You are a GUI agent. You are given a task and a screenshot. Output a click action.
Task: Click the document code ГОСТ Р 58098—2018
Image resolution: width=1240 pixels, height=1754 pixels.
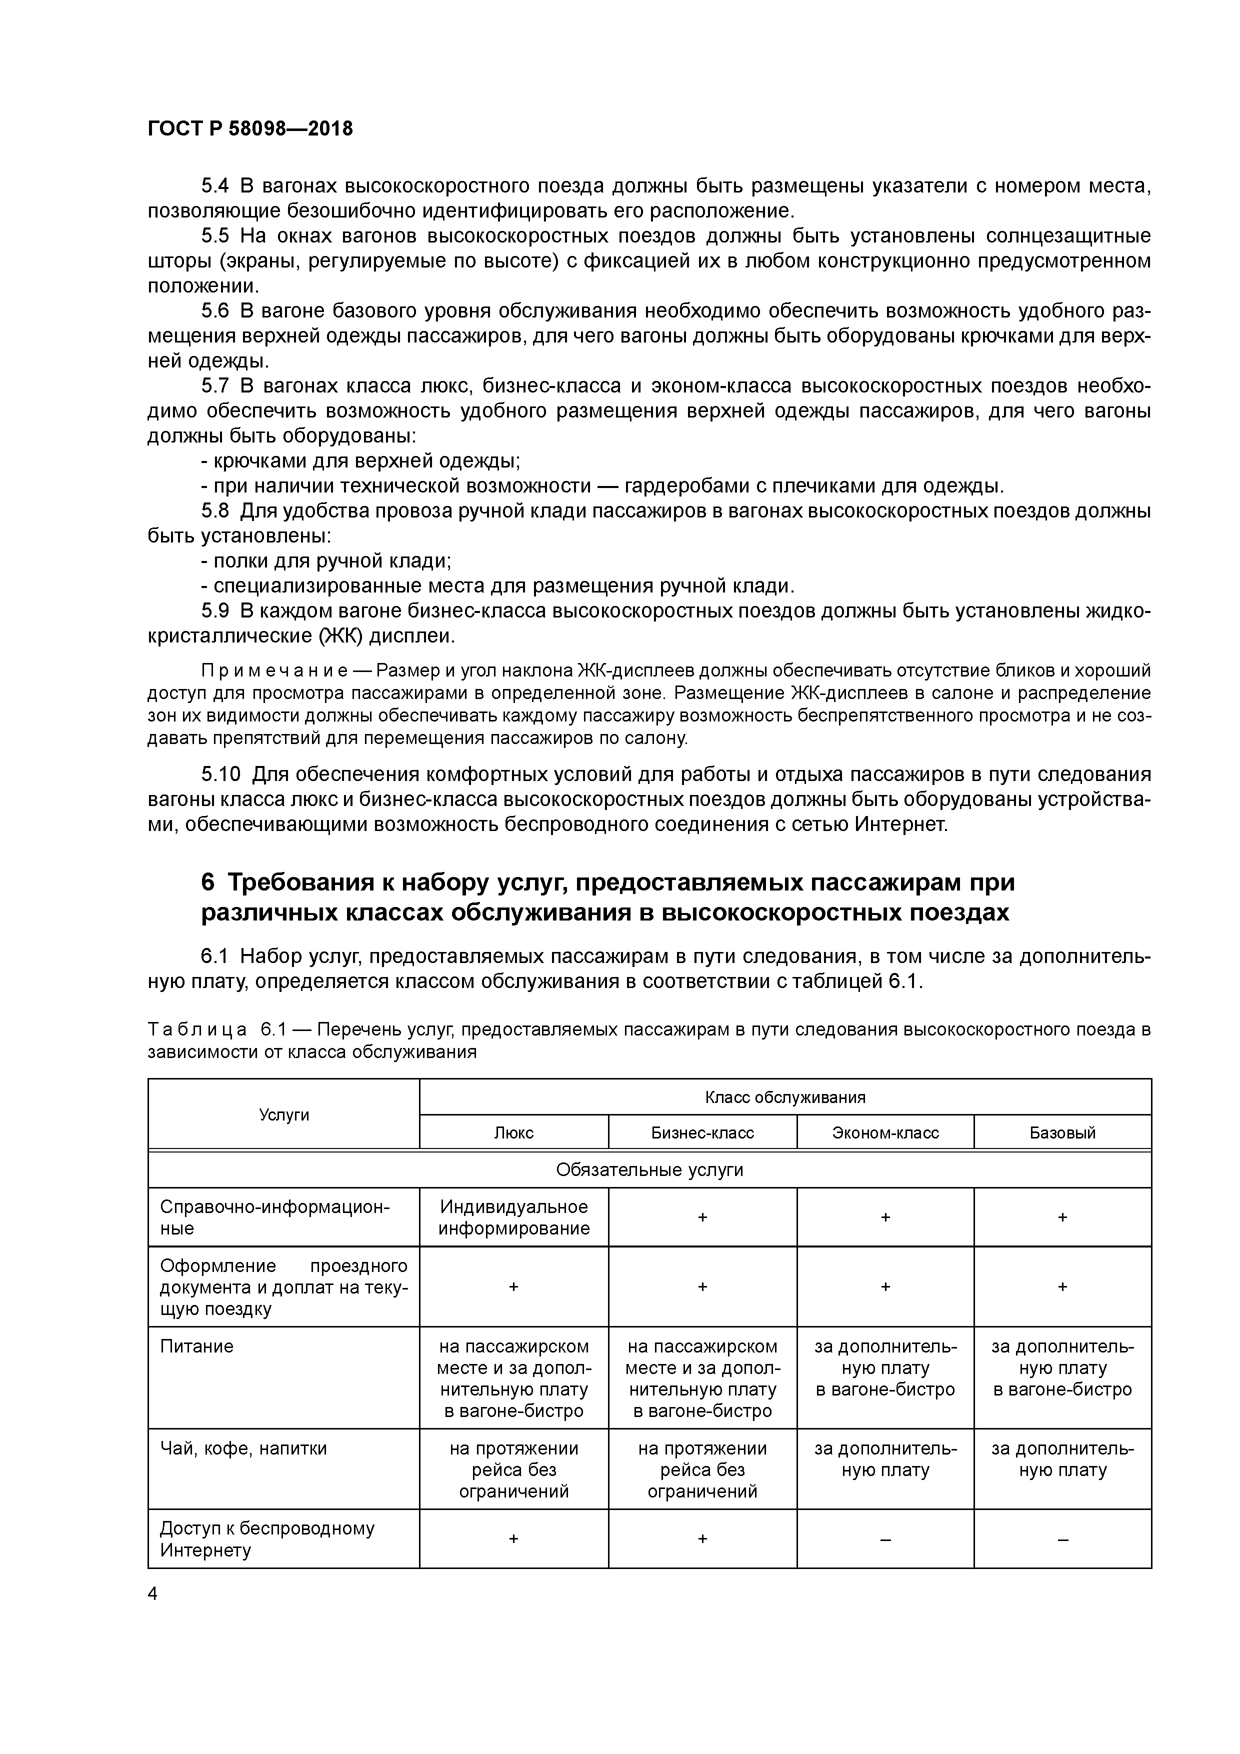point(250,128)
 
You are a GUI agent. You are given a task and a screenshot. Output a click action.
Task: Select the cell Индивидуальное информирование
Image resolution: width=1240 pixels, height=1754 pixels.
point(513,1217)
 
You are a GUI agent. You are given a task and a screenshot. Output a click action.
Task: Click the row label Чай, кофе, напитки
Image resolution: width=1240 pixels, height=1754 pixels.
point(243,1448)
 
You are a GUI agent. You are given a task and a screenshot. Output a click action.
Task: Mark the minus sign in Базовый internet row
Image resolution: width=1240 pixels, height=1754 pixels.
point(1062,1539)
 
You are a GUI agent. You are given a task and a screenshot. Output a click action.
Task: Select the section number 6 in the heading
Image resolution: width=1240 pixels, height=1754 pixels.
point(208,882)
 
